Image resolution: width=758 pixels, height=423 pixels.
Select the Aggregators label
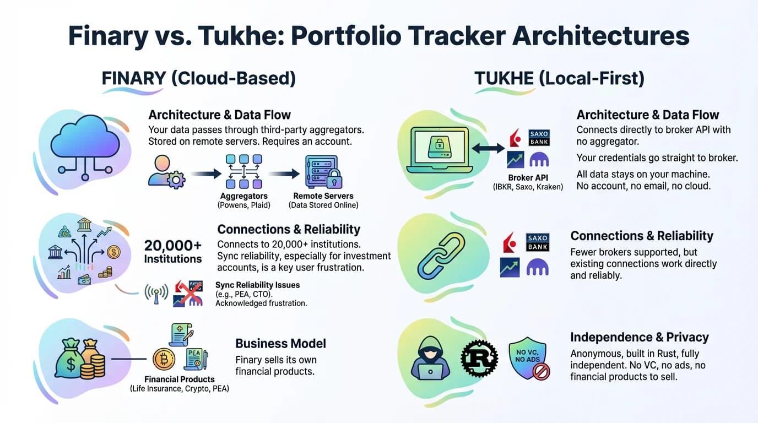click(x=243, y=196)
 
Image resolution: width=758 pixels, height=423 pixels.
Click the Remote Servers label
click(x=323, y=196)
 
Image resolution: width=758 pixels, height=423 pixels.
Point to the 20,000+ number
click(x=172, y=245)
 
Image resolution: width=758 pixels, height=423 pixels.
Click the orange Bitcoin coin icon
click(x=164, y=359)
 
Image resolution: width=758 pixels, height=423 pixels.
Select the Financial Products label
click(x=179, y=379)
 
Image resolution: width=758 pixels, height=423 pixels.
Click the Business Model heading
click(x=280, y=344)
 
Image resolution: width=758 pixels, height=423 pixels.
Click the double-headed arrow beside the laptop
click(x=488, y=148)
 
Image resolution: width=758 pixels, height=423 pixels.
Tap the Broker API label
click(x=528, y=178)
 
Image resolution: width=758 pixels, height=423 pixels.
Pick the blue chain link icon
click(x=441, y=254)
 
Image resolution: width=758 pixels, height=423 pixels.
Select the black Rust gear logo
click(x=479, y=358)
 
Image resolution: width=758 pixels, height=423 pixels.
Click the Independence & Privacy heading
click(x=639, y=337)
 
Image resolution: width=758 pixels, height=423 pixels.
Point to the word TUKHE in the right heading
click(x=504, y=79)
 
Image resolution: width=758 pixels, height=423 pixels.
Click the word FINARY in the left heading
click(x=133, y=79)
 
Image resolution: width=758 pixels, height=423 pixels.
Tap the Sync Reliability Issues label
click(x=257, y=285)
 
